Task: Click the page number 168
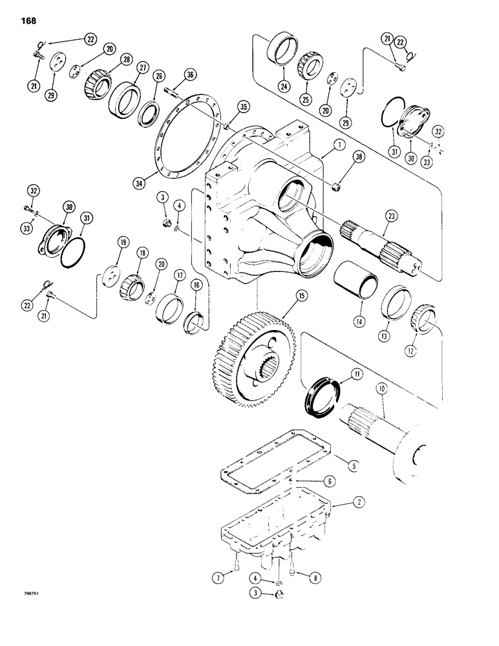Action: tap(28, 21)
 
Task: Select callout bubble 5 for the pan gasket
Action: tap(352, 464)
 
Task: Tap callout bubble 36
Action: tap(189, 76)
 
